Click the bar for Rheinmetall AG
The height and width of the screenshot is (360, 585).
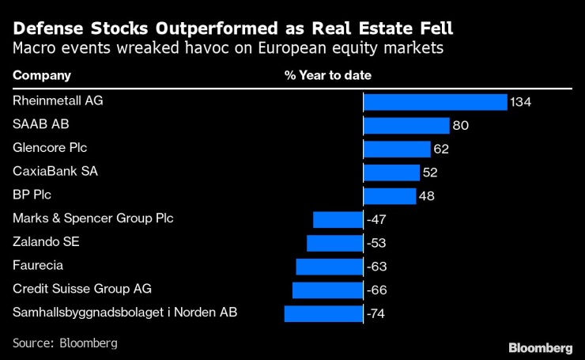click(x=434, y=102)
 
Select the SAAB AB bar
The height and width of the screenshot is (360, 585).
click(x=406, y=126)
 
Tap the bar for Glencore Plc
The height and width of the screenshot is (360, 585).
click(x=396, y=149)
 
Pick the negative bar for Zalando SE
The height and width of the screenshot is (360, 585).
click(x=334, y=243)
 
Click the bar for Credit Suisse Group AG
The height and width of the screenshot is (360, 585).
click(x=327, y=290)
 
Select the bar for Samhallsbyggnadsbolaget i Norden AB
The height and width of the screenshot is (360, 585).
click(x=323, y=313)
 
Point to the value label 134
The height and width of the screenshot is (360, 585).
click(x=520, y=102)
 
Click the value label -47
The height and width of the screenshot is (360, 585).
click(x=376, y=220)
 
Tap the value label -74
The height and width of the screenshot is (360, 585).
click(x=376, y=314)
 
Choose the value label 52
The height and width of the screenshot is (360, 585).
click(x=430, y=172)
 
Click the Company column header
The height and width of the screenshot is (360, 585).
click(x=42, y=76)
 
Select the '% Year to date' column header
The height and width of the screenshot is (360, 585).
click(x=327, y=76)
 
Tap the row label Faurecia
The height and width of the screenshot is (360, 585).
click(x=38, y=265)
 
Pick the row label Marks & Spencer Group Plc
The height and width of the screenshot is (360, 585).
click(x=92, y=218)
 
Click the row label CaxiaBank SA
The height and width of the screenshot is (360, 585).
click(x=55, y=171)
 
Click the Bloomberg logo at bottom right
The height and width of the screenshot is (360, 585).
click(x=540, y=347)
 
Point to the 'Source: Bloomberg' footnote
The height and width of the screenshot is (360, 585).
click(x=65, y=343)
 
